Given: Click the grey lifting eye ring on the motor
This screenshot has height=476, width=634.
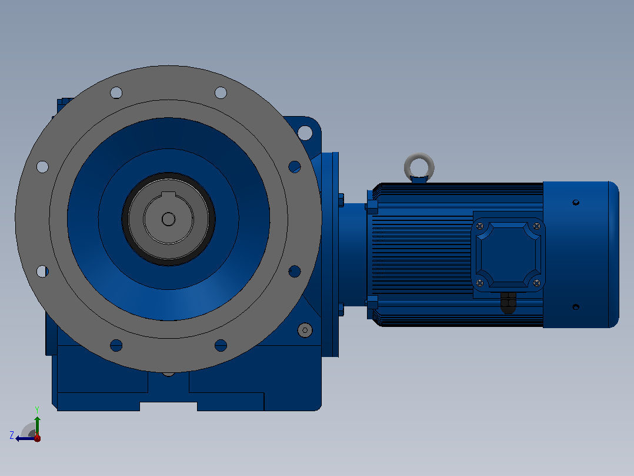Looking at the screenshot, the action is click(x=419, y=156).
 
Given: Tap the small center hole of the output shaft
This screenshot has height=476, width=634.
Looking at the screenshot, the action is click(x=168, y=220).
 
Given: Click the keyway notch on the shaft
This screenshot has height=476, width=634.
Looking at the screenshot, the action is click(x=168, y=194).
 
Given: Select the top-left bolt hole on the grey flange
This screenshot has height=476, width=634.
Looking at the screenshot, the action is click(x=116, y=92).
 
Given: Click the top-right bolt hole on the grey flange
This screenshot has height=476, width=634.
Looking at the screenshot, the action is click(x=221, y=92).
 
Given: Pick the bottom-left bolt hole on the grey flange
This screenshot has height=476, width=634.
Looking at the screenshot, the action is click(x=116, y=346).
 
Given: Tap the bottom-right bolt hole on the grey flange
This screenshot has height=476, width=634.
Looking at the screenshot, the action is click(x=221, y=346).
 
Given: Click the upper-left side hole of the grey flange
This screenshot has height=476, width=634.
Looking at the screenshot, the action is click(x=42, y=167).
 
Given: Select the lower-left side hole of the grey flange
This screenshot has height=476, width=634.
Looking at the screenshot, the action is click(x=42, y=272).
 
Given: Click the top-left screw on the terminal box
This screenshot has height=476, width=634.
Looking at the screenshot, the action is click(x=480, y=226).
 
